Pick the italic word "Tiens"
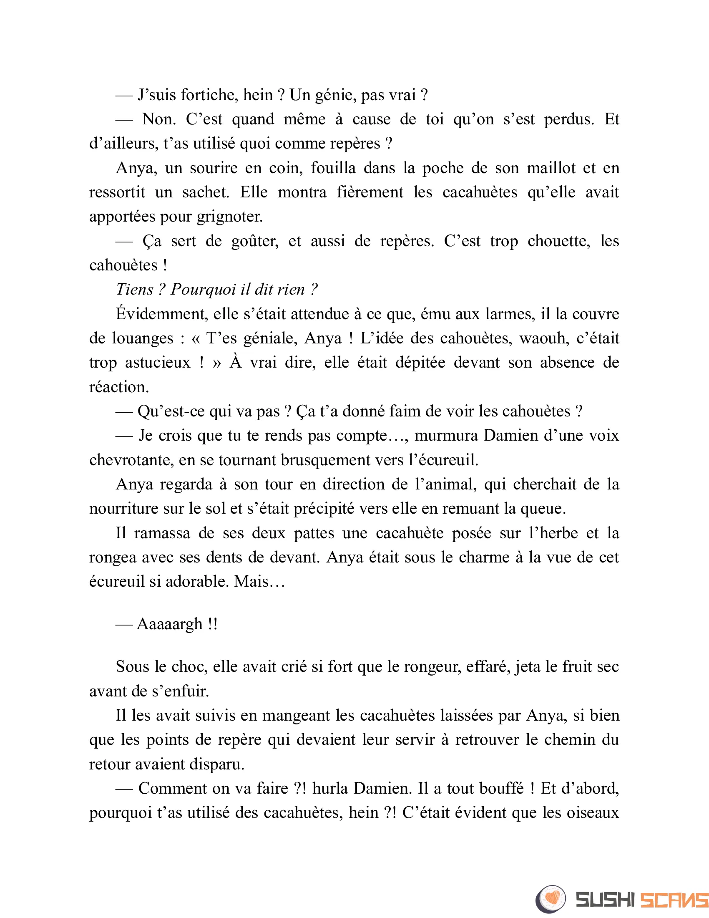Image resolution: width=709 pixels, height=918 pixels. tap(134, 290)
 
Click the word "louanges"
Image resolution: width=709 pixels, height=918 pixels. tap(142, 338)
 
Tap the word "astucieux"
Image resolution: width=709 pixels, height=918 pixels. tap(158, 363)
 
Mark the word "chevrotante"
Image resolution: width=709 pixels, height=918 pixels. tap(131, 460)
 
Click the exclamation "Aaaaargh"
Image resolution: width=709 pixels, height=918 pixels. tap(170, 624)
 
